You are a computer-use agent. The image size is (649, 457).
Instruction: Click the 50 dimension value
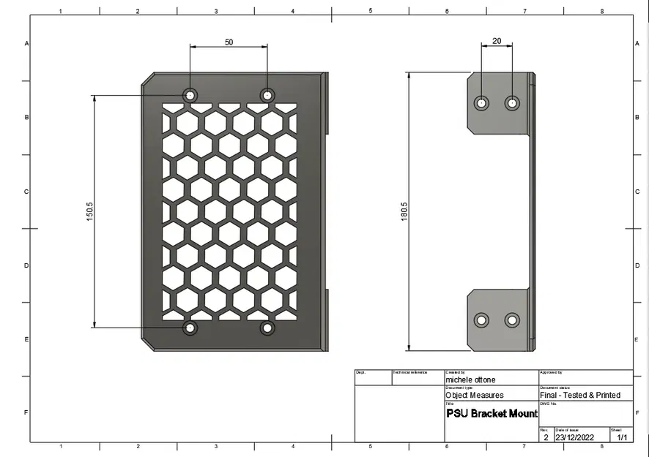[x=229, y=42]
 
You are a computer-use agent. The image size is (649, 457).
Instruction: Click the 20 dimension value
[x=497, y=42]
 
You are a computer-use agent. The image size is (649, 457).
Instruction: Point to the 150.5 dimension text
[x=89, y=212]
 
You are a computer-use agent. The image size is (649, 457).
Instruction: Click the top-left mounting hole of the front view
[x=190, y=95]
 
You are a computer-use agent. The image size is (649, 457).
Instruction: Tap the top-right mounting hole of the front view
[x=267, y=95]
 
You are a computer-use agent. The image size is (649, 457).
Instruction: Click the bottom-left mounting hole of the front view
[x=190, y=328]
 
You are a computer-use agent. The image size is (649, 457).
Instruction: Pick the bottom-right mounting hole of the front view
[x=267, y=328]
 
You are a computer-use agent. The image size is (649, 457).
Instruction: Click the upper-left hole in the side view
[x=481, y=103]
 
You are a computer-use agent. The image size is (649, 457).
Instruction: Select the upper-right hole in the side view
[x=512, y=103]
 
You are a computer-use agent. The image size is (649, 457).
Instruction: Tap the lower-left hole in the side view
[x=481, y=320]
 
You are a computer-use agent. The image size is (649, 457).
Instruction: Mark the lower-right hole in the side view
[x=512, y=320]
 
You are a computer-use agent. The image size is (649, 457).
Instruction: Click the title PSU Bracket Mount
[x=492, y=414]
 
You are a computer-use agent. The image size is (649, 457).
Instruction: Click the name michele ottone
[x=470, y=379]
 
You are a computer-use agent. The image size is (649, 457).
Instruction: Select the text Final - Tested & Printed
[x=580, y=395]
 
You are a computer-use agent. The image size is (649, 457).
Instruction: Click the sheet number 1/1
[x=622, y=437]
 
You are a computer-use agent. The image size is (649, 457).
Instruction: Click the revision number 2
[x=546, y=437]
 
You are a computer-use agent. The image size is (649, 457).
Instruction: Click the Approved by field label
[x=551, y=372]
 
